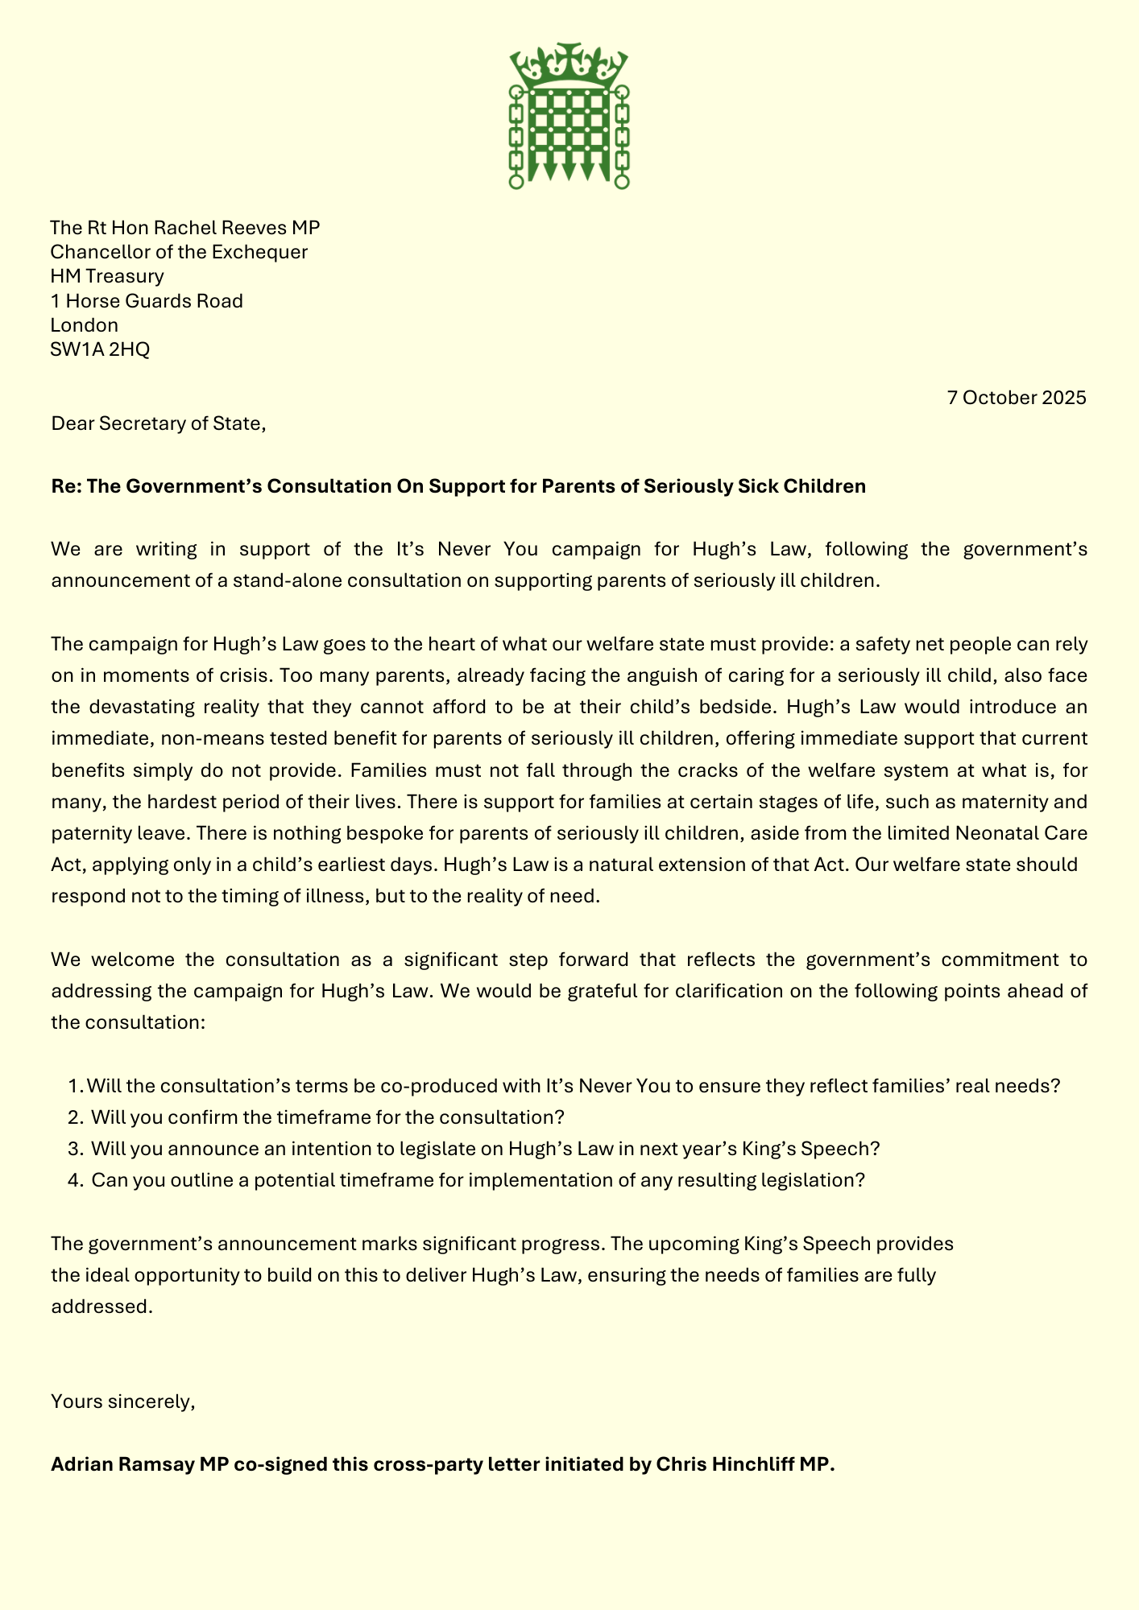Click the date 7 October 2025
pyautogui.click(x=1017, y=398)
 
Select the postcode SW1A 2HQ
pyautogui.click(x=100, y=349)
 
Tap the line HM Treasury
pyautogui.click(x=107, y=276)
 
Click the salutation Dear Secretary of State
pyautogui.click(x=158, y=423)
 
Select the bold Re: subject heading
pyautogui.click(x=458, y=486)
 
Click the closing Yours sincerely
pyautogui.click(x=123, y=1402)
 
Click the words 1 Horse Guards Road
pyautogui.click(x=147, y=301)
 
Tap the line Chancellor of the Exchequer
pyautogui.click(x=179, y=252)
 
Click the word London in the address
pyautogui.click(x=85, y=325)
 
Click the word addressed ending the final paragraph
pyautogui.click(x=101, y=1307)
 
